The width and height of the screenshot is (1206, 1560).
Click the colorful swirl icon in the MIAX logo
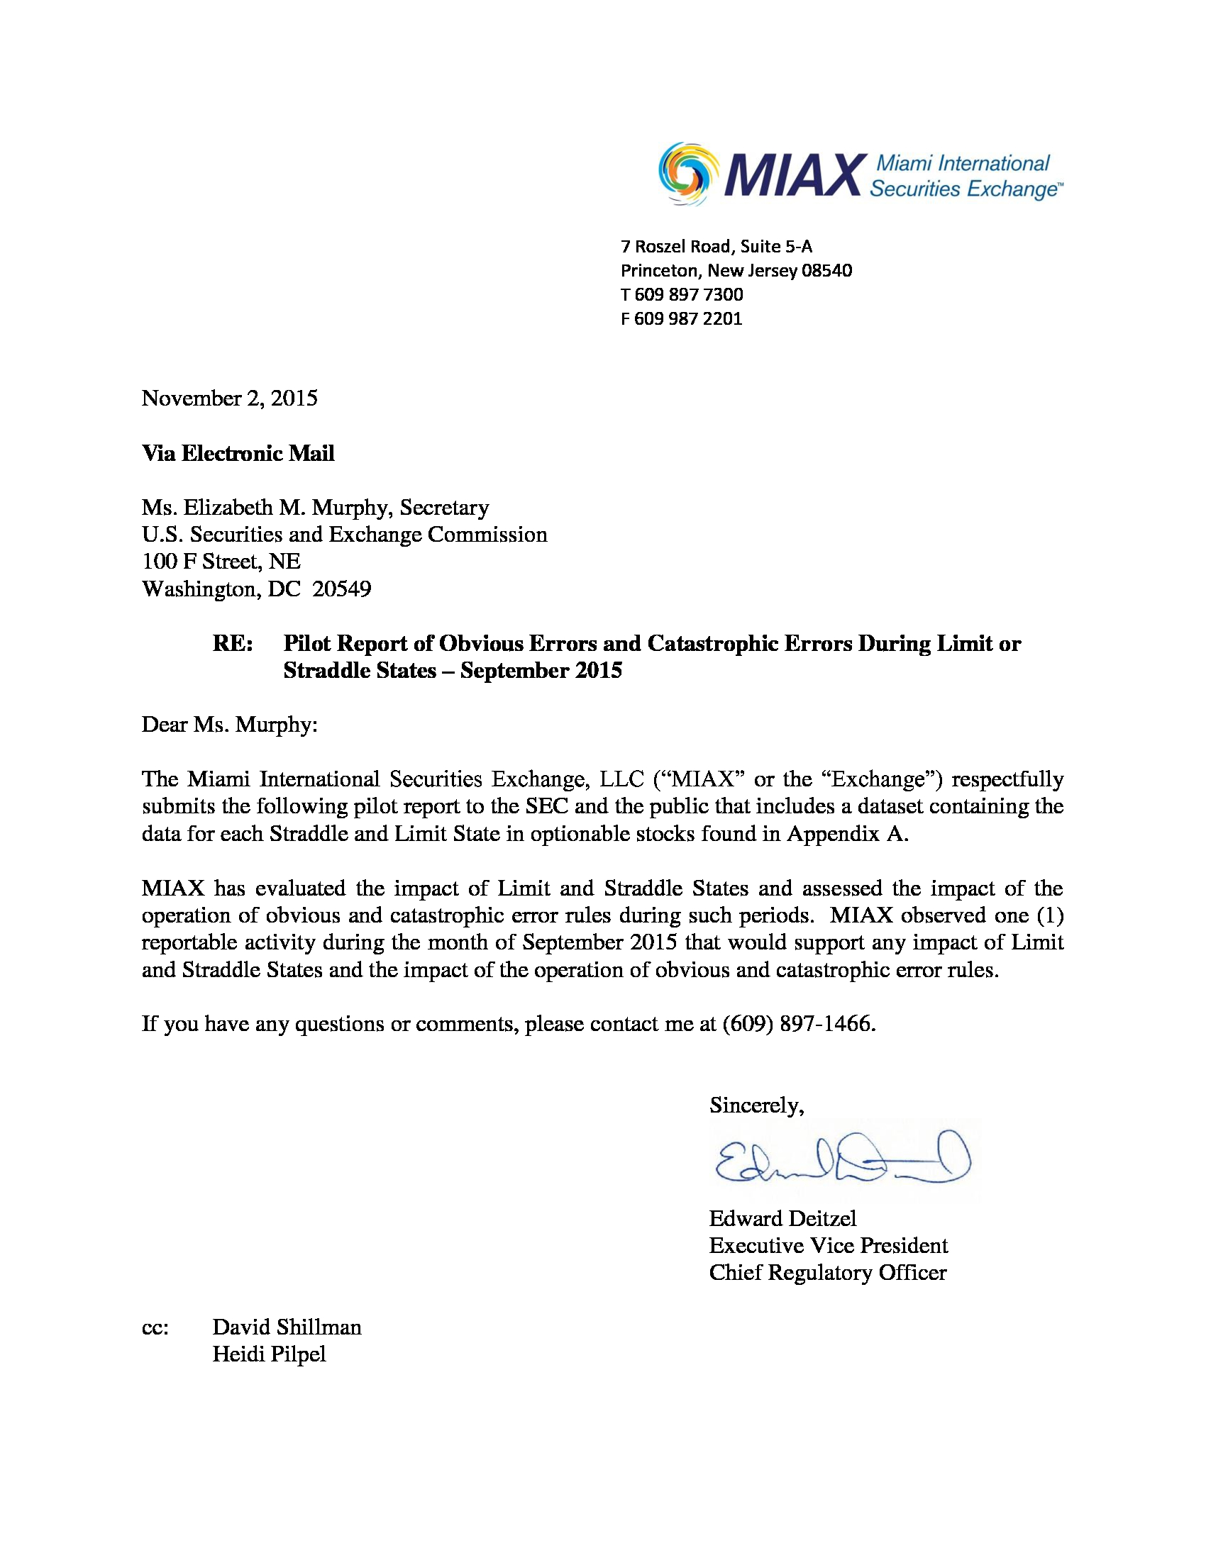click(x=688, y=174)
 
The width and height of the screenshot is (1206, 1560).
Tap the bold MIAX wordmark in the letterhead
click(x=792, y=175)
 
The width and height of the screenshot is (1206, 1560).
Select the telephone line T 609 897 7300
click(x=682, y=294)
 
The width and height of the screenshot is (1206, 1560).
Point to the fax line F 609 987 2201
click(x=682, y=318)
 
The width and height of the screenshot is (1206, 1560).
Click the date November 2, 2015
click(x=229, y=398)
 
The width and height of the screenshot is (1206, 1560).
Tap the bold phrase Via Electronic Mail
click(x=238, y=454)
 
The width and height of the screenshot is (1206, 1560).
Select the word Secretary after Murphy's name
click(x=443, y=508)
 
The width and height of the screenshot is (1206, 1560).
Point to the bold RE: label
click(x=232, y=644)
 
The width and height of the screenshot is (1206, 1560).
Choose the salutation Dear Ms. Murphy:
click(x=229, y=724)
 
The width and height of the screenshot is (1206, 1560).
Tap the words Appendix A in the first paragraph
click(x=846, y=834)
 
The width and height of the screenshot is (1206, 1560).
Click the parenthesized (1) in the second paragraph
click(x=1049, y=915)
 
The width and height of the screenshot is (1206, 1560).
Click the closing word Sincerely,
click(x=757, y=1105)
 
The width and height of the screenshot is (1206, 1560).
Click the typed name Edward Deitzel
click(x=782, y=1218)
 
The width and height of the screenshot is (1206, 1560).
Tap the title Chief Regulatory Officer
click(x=827, y=1272)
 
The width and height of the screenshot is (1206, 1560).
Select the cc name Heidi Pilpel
click(x=269, y=1354)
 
